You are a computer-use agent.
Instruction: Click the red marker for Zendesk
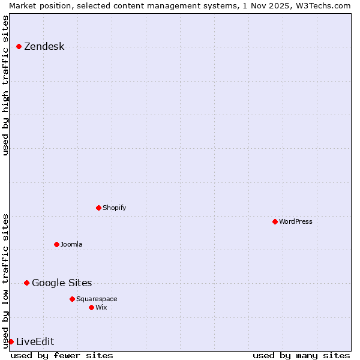[x=19, y=46]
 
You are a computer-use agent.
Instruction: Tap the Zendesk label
[x=44, y=47]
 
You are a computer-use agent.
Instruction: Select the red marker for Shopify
[x=98, y=208]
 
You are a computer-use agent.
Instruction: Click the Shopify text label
[x=114, y=208]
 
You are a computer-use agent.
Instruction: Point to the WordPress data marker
[x=275, y=221]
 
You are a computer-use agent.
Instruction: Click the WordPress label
[x=295, y=221]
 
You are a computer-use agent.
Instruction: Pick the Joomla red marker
[x=56, y=244]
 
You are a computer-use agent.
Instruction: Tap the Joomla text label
[x=71, y=244]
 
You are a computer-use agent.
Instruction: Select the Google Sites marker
[x=26, y=283]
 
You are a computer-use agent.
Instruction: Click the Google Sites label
[x=62, y=283]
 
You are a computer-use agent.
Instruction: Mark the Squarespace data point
[x=72, y=299]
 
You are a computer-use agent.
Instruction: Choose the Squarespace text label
[x=97, y=299]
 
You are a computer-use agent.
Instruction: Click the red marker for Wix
[x=91, y=307]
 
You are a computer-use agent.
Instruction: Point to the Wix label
[x=101, y=307]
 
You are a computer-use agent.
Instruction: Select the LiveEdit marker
[x=11, y=341]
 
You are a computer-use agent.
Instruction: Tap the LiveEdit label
[x=35, y=342]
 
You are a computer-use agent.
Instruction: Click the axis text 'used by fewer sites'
[x=62, y=355]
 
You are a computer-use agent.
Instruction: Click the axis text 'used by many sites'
[x=301, y=355]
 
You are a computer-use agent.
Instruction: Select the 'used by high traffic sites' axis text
[x=6, y=85]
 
